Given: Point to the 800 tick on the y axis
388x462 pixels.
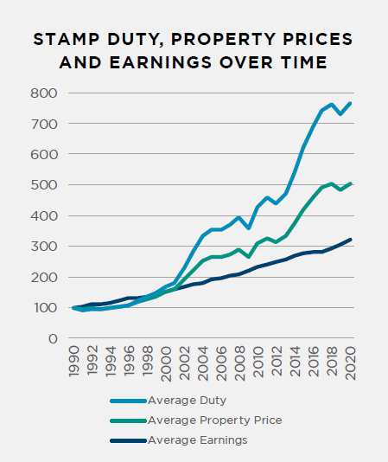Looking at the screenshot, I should tap(45, 93).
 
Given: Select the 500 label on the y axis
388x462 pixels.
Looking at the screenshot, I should tap(45, 185).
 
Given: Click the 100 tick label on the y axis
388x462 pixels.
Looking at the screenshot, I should tap(45, 308).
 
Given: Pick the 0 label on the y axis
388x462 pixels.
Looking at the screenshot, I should tap(53, 339).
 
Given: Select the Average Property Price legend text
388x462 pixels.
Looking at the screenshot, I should tap(214, 420).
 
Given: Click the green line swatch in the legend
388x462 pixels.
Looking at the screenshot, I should tap(128, 420).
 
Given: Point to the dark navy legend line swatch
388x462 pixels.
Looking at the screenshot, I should tap(128, 440).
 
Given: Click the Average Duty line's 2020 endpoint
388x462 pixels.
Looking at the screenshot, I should tap(350, 103).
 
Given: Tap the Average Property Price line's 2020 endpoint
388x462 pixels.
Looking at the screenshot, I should tap(350, 183).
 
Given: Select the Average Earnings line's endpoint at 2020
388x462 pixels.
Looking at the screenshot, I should tap(350, 240).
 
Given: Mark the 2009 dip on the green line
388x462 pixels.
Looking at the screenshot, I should tap(248, 256).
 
